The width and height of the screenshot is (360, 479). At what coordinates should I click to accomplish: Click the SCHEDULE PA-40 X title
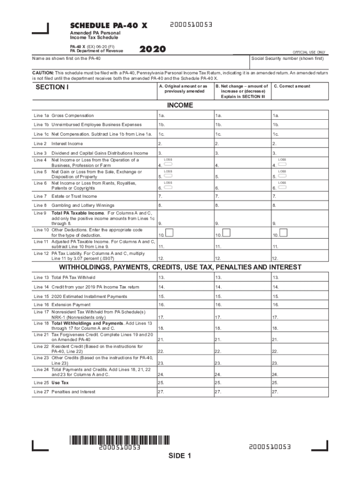pyautogui.click(x=108, y=25)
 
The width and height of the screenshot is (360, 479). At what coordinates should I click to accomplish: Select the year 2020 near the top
pyautogui.click(x=152, y=49)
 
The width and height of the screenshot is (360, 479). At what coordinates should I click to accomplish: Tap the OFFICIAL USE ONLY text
pyautogui.click(x=309, y=52)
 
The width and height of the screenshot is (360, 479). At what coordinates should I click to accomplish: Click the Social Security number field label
pyautogui.click(x=288, y=58)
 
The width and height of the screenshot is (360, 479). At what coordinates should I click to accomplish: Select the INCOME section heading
pyautogui.click(x=180, y=105)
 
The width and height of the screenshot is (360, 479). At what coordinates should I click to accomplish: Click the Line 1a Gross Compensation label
pyautogui.click(x=64, y=116)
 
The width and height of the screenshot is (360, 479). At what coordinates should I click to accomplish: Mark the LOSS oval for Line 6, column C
pyautogui.click(x=282, y=187)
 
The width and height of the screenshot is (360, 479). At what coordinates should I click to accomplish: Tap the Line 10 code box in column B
pyautogui.click(x=226, y=232)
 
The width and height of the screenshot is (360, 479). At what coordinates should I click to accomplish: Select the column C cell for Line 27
pyautogui.click(x=300, y=392)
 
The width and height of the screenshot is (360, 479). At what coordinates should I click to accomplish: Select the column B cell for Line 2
pyautogui.click(x=242, y=144)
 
